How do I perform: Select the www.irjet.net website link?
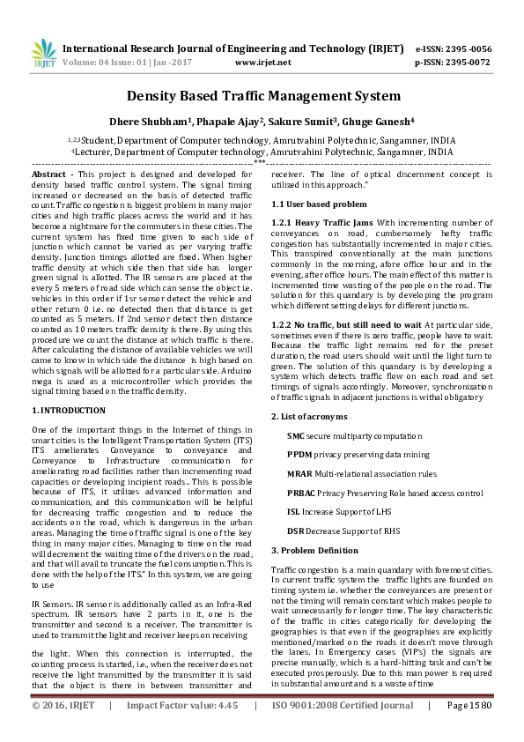[263, 63]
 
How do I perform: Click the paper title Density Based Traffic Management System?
[263, 96]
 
